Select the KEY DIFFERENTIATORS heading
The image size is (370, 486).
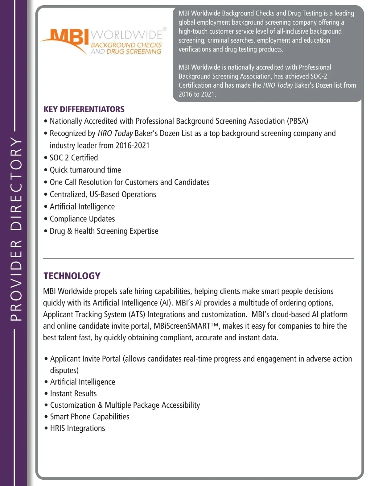tap(84, 109)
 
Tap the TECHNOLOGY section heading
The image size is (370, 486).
tap(72, 276)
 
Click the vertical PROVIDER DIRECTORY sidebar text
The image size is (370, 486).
tap(16, 229)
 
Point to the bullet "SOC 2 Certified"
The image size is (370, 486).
tap(74, 158)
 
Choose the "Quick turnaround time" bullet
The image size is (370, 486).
tap(85, 170)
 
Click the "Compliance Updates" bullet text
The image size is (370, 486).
tap(82, 219)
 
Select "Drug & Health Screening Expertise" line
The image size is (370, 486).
tap(104, 231)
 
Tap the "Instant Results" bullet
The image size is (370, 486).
tap(73, 393)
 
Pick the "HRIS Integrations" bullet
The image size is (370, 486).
tap(77, 428)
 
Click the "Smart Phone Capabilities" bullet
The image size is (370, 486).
tap(89, 417)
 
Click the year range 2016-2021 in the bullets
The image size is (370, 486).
tap(132, 145)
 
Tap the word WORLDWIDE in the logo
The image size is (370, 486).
tap(126, 35)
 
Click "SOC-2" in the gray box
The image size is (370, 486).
tap(319, 76)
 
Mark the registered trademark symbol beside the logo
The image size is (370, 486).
tap(164, 29)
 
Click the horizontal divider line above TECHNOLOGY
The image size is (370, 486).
tap(198, 258)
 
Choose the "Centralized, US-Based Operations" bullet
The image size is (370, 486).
tap(103, 194)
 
